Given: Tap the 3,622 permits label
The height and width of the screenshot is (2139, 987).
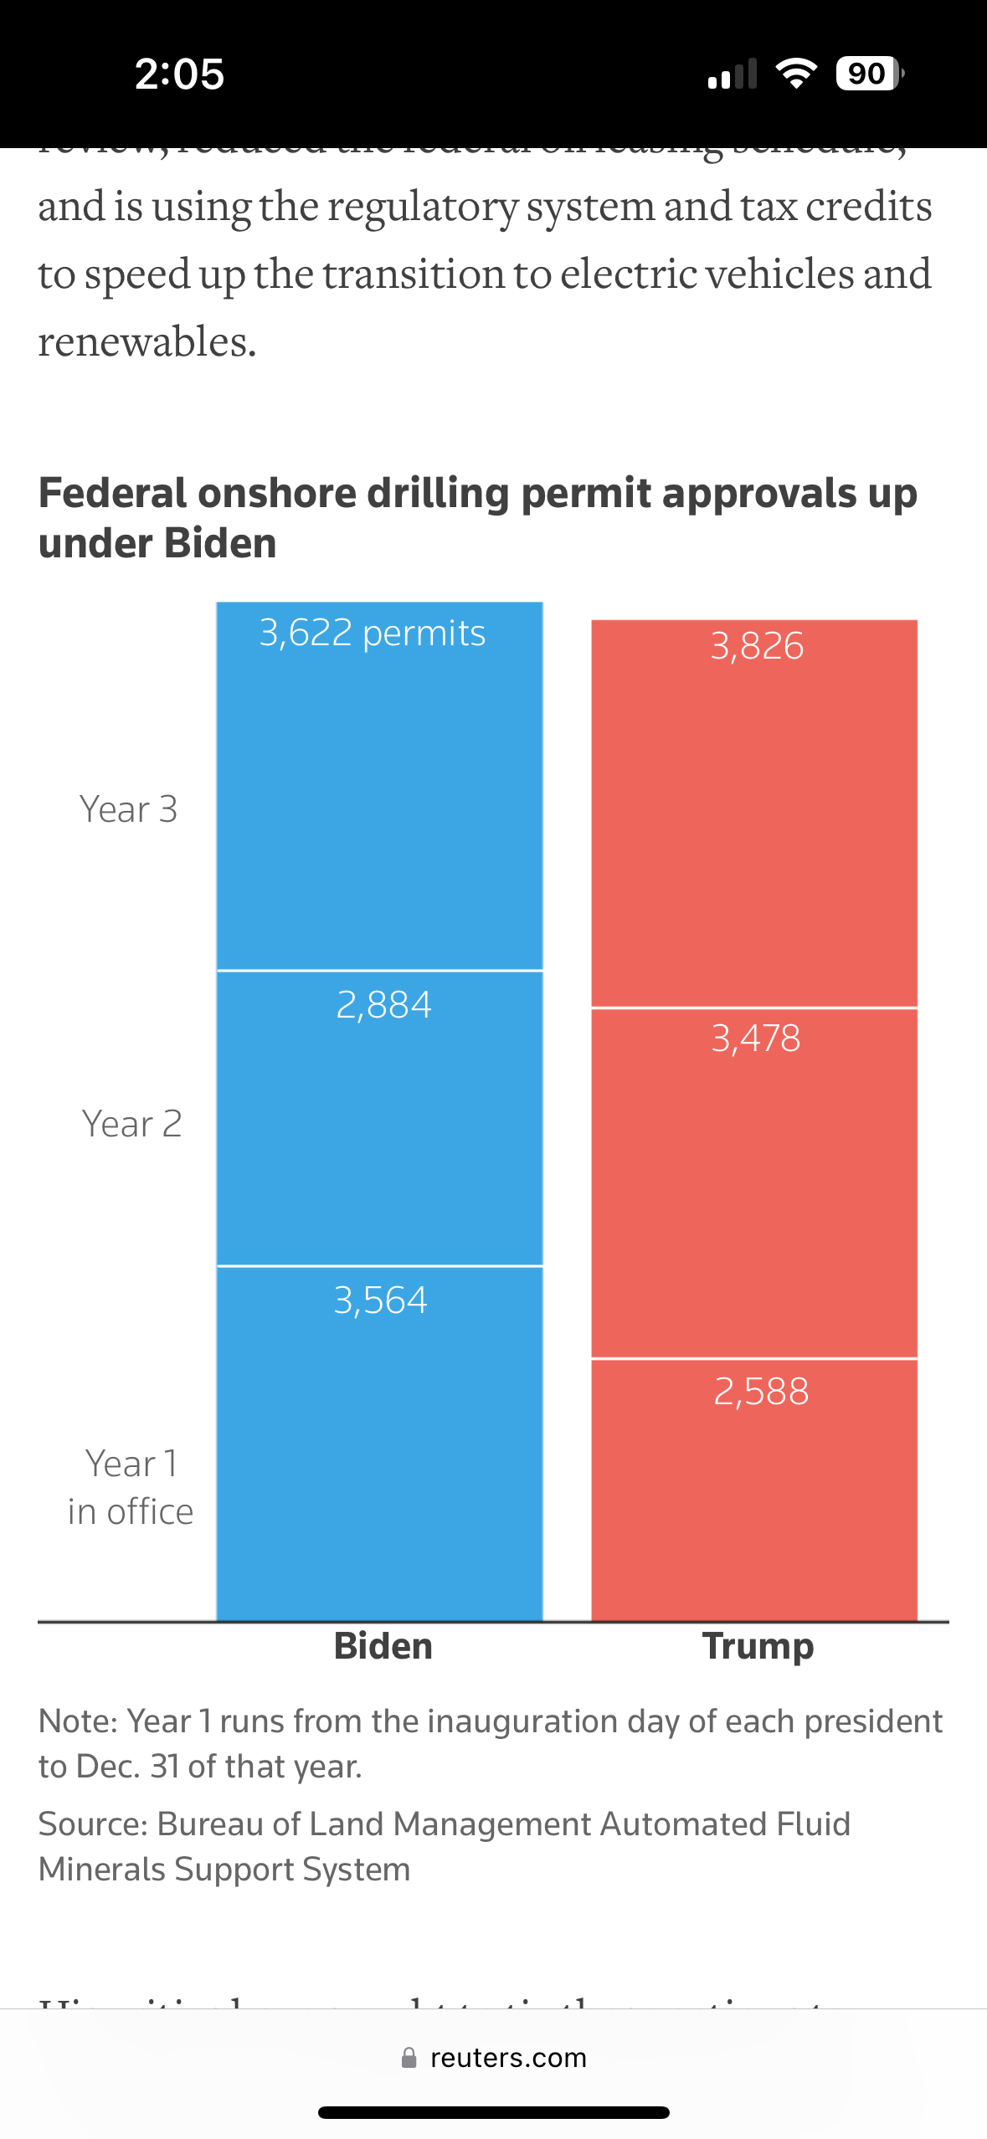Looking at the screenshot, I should tap(372, 633).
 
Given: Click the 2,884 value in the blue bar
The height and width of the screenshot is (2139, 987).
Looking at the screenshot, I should tap(383, 1004).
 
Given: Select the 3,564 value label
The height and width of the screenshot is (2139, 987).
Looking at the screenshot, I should tap(380, 1300).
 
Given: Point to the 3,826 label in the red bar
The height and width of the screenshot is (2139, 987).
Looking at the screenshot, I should tap(757, 646).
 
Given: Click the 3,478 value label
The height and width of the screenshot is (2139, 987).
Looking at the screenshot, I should tap(756, 1039).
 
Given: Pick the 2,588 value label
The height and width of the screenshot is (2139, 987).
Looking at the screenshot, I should tap(761, 1392).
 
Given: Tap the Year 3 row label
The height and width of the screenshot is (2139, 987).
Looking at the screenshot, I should tap(129, 809).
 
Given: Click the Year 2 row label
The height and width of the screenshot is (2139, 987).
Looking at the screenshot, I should tap(131, 1124).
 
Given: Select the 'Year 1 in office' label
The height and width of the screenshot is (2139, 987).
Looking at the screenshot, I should tap(131, 1488).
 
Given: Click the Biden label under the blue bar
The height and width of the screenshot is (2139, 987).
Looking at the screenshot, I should tap(383, 1646).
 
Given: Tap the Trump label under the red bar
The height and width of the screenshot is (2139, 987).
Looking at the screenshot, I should tap(758, 1646).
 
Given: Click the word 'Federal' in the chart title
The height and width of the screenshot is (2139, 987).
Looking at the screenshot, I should tap(112, 494).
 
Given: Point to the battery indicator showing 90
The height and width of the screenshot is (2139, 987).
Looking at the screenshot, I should tap(868, 74).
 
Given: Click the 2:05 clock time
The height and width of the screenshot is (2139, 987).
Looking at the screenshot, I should tap(179, 74).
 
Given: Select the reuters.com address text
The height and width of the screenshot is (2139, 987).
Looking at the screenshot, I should tap(508, 2058).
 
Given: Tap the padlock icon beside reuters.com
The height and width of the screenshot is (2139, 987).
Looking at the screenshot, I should tap(409, 2058).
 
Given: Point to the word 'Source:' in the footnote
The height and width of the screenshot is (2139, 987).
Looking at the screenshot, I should tap(93, 1824).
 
